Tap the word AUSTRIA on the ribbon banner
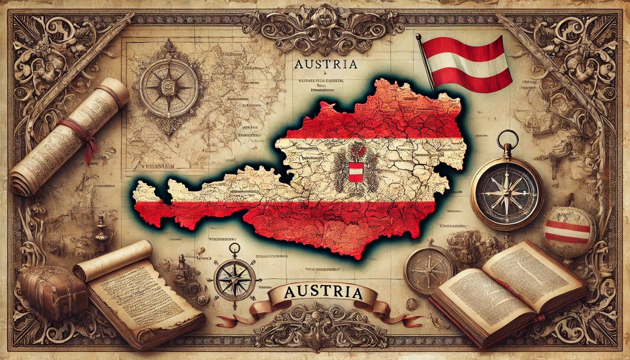(324, 292)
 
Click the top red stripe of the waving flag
(462, 46)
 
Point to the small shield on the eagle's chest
(355, 171)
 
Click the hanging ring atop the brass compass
(507, 137)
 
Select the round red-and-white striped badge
(568, 231)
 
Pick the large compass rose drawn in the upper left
(169, 87)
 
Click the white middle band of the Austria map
(294, 173)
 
